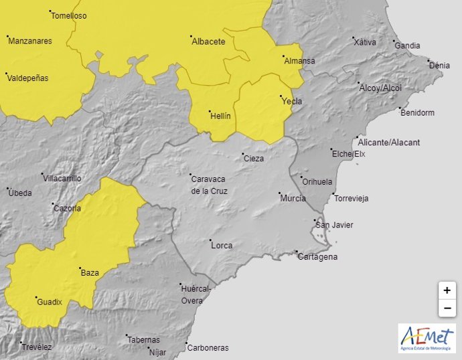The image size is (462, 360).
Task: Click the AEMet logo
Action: pyautogui.click(x=427, y=339)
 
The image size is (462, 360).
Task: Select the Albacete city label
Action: pyautogui.click(x=208, y=41)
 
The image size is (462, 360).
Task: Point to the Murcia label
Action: pyautogui.click(x=293, y=199)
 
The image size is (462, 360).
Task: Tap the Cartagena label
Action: pyautogui.click(x=317, y=257)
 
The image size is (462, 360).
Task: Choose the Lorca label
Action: pyautogui.click(x=222, y=246)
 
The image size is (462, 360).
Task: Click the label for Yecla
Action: pyautogui.click(x=292, y=102)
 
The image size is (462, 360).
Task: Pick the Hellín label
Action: pyautogui.click(x=220, y=116)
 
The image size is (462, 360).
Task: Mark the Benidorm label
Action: pyautogui.click(x=417, y=112)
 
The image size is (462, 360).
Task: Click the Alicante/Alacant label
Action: pyautogui.click(x=389, y=143)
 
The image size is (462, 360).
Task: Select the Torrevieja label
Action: pyautogui.click(x=352, y=199)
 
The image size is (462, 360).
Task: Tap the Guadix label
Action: pyautogui.click(x=50, y=302)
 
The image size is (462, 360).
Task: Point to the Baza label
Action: pyautogui.click(x=90, y=273)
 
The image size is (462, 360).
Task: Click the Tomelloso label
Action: pyautogui.click(x=69, y=15)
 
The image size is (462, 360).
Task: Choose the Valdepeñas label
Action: pyautogui.click(x=27, y=78)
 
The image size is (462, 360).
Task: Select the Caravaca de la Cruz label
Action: pyautogui.click(x=209, y=185)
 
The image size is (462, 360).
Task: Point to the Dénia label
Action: pyautogui.click(x=439, y=66)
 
